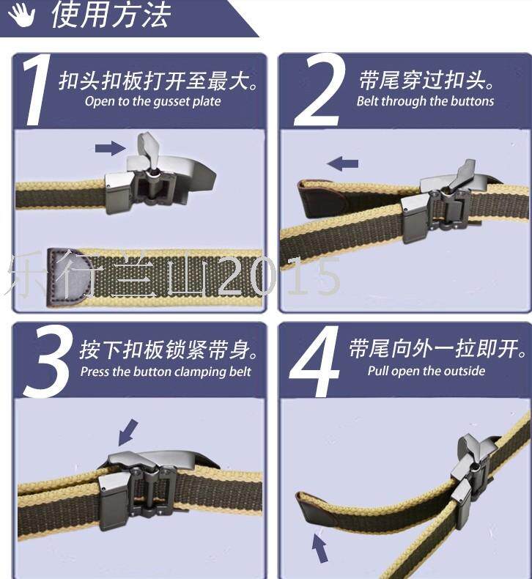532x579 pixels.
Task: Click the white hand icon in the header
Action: [x=21, y=15]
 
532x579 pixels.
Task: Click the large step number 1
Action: [x=36, y=89]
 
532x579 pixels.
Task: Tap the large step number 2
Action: [x=319, y=89]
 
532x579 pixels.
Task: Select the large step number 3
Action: [x=47, y=361]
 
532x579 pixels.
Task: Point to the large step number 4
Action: [x=314, y=361]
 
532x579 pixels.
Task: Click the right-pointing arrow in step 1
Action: [x=111, y=149]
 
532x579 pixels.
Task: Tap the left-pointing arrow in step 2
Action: [x=343, y=163]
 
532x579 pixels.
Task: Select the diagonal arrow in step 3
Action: [x=128, y=432]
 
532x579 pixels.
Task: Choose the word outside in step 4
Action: [x=465, y=371]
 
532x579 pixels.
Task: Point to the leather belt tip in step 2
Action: [x=322, y=199]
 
